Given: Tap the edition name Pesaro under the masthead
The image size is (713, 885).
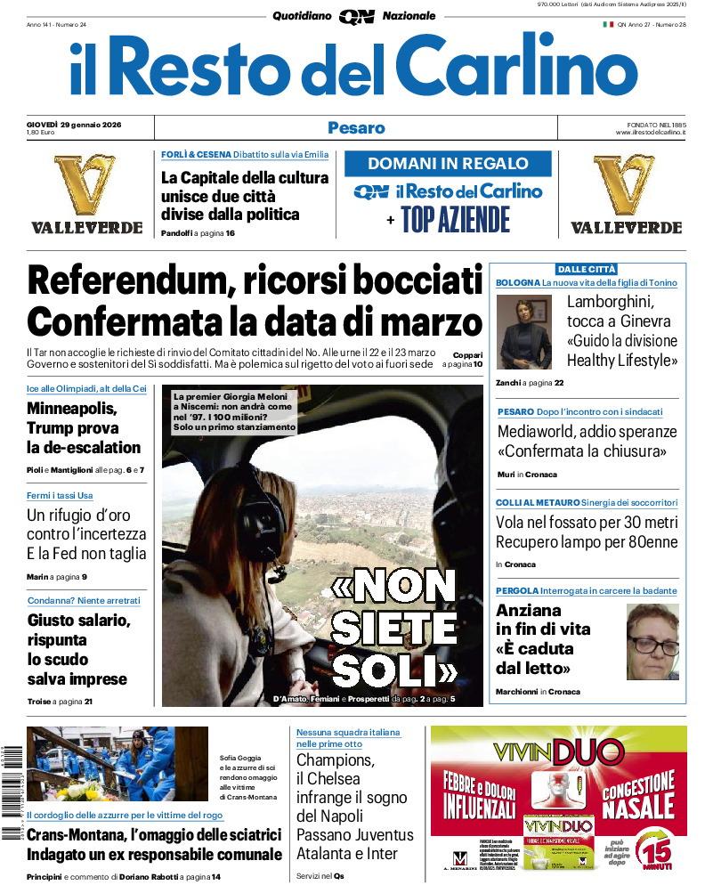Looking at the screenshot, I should tap(356, 127).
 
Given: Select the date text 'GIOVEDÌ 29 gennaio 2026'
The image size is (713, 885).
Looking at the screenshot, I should tap(74, 124).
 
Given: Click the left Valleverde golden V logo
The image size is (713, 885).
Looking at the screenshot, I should tap(86, 184).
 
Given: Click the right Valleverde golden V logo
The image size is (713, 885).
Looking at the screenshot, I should tap(626, 184).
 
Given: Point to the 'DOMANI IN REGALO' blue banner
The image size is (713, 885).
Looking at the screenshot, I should tap(448, 164).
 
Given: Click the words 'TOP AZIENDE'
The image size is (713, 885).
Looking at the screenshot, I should tap(455, 219).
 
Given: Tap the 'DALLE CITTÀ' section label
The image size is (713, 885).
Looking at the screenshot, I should tap(586, 269).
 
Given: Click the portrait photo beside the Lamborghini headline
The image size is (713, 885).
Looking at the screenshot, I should tap(523, 332).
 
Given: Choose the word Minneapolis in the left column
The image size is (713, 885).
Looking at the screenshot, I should tap(71, 410).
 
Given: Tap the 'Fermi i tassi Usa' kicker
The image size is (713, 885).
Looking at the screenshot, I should tap(60, 495).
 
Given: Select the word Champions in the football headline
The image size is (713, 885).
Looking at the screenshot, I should tap(334, 760).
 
